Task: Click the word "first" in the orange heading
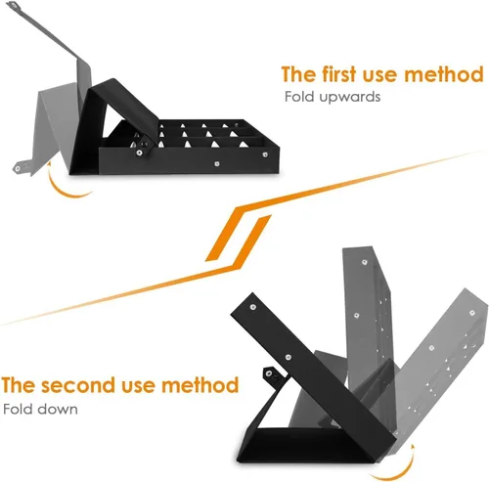(339, 74)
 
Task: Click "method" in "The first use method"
(443, 74)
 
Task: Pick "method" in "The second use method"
(200, 384)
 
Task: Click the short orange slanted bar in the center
(238, 238)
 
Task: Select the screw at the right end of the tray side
(265, 154)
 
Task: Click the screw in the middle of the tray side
(217, 163)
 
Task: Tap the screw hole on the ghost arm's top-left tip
(13, 5)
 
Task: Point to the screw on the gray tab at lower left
(18, 168)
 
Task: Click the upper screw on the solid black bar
(252, 307)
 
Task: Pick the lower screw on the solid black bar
(289, 357)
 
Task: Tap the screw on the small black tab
(269, 373)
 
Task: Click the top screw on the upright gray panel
(364, 262)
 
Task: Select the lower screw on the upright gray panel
(357, 316)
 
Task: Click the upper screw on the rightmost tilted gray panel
(471, 313)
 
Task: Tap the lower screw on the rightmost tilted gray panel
(431, 348)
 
